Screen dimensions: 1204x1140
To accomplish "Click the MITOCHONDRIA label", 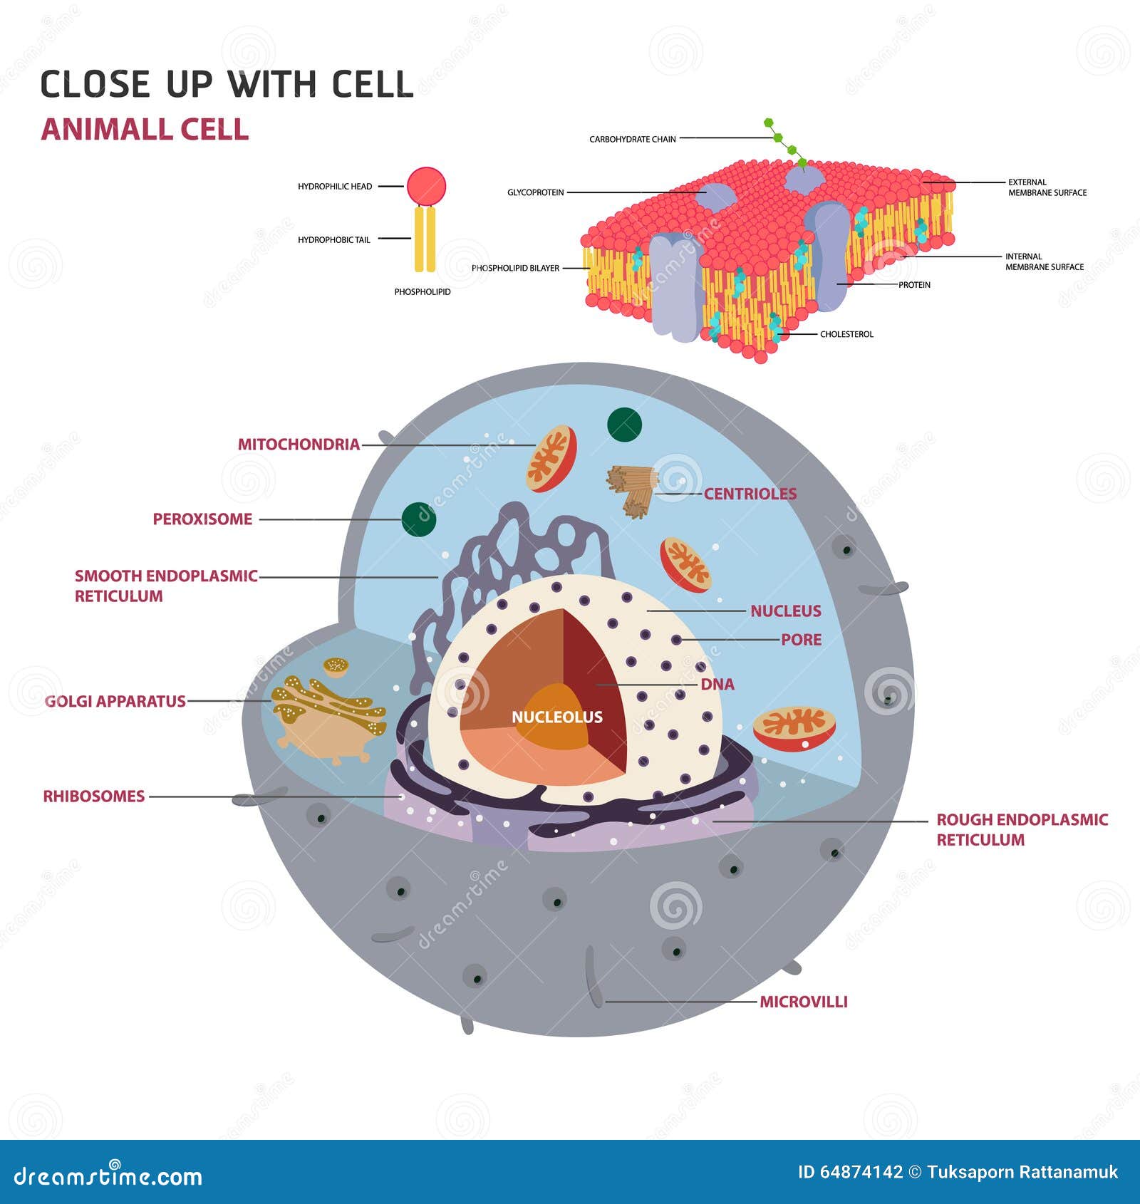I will pos(299,445).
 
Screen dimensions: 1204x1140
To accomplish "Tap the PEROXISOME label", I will pos(202,519).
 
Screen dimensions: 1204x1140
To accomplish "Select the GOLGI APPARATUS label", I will pos(115,702).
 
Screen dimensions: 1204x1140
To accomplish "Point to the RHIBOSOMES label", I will pos(93,796).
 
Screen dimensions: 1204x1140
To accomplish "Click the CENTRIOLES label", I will pos(750,494).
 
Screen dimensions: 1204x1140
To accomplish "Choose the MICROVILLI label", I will pos(803,1002).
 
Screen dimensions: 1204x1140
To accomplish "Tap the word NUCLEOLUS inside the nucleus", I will pos(556,717).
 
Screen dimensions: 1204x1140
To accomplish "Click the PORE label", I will pos(801,640).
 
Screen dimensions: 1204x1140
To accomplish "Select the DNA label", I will pos(717,685).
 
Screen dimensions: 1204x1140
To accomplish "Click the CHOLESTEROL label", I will pos(846,334).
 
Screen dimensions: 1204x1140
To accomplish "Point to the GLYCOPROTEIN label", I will pos(535,192).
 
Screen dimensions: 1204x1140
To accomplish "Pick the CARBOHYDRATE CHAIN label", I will pos(632,139).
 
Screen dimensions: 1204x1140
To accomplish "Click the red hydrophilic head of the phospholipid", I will pos(426,187).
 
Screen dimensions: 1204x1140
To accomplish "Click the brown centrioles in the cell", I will pos(633,488).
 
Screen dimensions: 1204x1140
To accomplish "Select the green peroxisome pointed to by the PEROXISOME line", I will pos(418,519).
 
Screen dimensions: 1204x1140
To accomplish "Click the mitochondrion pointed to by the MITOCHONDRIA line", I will pos(551,459).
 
